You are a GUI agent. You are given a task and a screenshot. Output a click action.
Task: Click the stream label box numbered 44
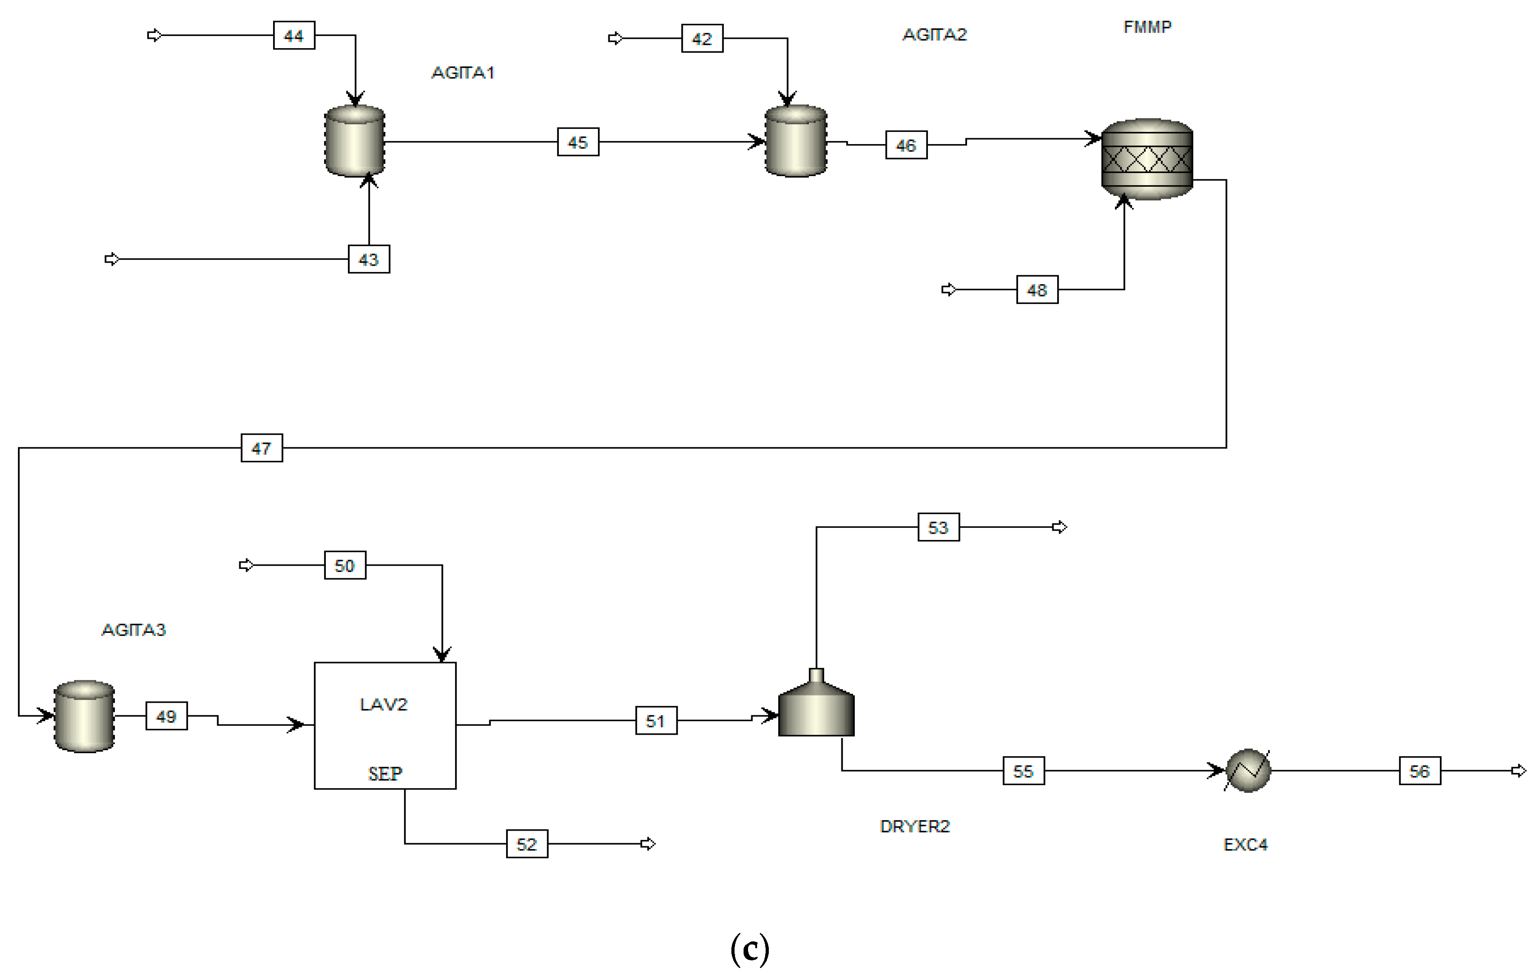294,36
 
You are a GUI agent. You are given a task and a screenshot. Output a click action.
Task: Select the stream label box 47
262,448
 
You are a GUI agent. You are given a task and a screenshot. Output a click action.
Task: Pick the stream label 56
1420,771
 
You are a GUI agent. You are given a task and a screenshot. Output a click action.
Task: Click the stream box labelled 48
1037,290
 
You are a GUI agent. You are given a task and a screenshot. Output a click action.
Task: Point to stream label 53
938,527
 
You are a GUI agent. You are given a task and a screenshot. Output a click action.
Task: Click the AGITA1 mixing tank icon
355,141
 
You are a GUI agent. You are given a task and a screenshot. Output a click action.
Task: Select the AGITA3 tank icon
85,717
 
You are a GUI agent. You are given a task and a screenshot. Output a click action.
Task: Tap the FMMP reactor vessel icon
1147,159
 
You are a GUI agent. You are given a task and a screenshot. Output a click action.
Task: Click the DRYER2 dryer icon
816,703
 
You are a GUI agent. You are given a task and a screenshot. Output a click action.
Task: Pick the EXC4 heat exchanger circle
1248,771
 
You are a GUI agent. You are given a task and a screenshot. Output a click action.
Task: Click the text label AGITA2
935,34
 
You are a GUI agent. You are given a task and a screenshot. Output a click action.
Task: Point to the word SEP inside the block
385,774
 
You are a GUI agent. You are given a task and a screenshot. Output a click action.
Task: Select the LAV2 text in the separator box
383,704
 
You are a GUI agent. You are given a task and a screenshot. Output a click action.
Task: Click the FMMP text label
1147,27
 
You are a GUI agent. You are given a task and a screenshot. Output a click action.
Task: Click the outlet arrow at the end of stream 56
1519,771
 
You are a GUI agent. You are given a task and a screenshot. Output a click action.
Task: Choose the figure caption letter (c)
750,949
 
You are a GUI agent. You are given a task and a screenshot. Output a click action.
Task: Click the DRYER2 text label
915,827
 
